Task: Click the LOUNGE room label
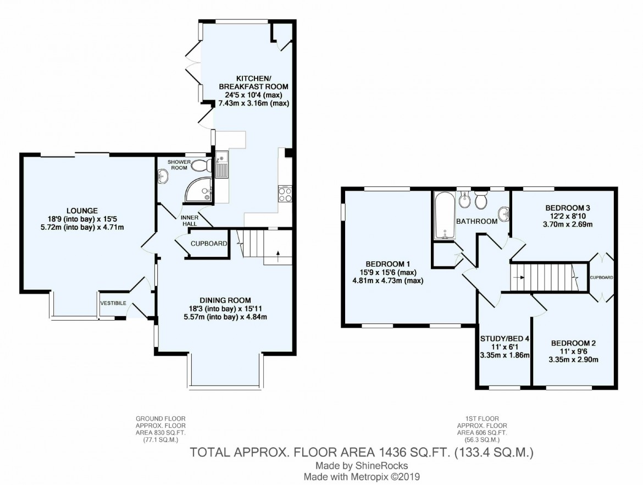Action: (x=82, y=211)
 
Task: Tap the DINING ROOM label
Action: (x=225, y=300)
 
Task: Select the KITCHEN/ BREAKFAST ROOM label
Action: (x=253, y=82)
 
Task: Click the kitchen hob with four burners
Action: (x=285, y=194)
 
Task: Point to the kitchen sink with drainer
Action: (x=221, y=164)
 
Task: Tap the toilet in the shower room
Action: (x=202, y=166)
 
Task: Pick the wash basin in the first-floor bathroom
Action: (x=505, y=214)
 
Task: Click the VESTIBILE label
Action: (x=113, y=303)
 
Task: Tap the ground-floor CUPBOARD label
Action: (x=209, y=243)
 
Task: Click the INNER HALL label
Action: (x=190, y=221)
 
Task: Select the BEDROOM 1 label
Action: (x=387, y=264)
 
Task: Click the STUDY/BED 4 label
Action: (x=505, y=339)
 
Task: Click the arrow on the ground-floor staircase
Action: (x=279, y=256)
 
